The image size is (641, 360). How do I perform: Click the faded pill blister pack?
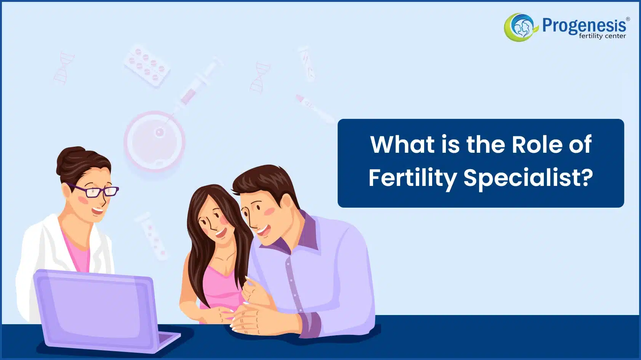click(147, 66)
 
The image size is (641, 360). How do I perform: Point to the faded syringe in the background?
click(197, 83)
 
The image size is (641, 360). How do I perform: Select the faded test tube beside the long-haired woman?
click(151, 236)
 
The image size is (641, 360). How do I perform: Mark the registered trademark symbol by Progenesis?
click(628, 19)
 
